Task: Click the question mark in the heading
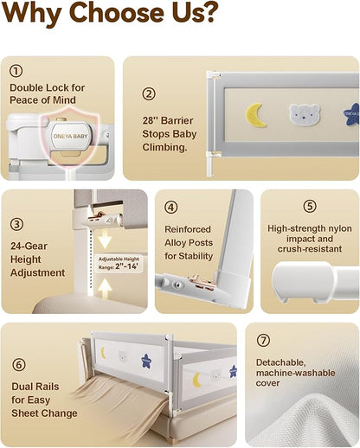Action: click(208, 12)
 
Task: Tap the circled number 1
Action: click(16, 71)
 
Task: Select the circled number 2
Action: click(149, 93)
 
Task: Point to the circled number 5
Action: click(310, 206)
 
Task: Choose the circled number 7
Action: click(263, 340)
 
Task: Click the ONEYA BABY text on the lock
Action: click(70, 136)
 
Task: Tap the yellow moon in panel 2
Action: click(255, 115)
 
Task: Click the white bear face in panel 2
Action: click(305, 115)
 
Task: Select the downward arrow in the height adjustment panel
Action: click(105, 239)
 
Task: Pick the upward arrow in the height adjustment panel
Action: click(105, 288)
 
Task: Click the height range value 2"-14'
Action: click(126, 266)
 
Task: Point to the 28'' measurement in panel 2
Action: click(150, 120)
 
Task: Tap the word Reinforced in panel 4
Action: click(188, 229)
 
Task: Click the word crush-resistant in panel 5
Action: click(310, 249)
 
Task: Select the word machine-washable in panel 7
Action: click(296, 373)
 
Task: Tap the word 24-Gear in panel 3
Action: click(29, 246)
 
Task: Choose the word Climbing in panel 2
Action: click(164, 147)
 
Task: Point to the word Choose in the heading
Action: click(117, 13)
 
